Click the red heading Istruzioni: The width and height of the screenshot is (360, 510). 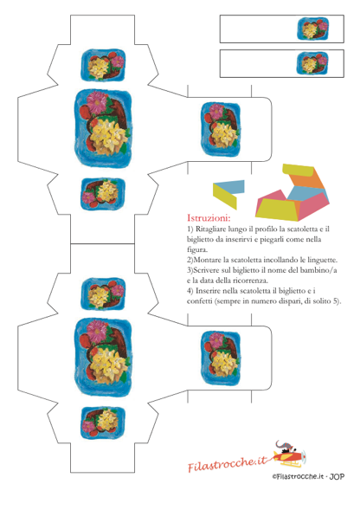[x=209, y=217]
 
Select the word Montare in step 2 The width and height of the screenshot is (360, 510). [x=207, y=260]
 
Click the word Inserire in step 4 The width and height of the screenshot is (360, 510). [x=209, y=291]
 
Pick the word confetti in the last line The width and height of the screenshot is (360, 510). [x=200, y=301]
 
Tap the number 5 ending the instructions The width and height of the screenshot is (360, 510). [x=336, y=301]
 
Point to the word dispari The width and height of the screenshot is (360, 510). [x=289, y=301]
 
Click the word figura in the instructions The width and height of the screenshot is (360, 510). [x=197, y=249]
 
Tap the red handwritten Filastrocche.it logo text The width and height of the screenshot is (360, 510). [x=227, y=464]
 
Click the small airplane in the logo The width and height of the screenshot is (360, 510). [x=289, y=455]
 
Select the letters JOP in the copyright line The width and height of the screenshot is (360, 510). [x=337, y=477]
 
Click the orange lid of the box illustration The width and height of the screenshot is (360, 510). [x=307, y=180]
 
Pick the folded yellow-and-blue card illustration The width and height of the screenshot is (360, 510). [x=228, y=194]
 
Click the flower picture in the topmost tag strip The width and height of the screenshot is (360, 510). [x=312, y=29]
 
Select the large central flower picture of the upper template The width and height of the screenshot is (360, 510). [x=104, y=128]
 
